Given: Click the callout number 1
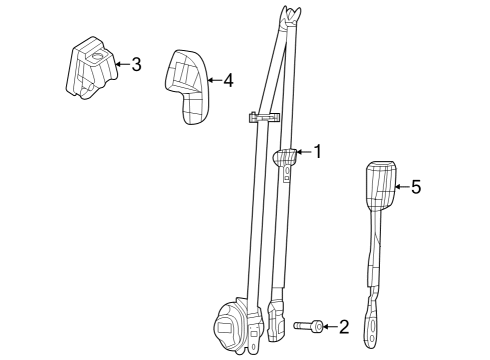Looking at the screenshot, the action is click(x=318, y=153).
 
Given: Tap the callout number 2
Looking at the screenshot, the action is click(x=344, y=325).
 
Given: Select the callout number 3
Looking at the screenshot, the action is click(x=136, y=65).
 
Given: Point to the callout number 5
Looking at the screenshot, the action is click(x=416, y=186).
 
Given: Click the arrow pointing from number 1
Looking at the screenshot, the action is click(x=303, y=153).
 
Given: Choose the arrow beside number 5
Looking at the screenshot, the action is click(x=401, y=186).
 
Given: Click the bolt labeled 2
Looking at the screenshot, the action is click(x=309, y=325).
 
